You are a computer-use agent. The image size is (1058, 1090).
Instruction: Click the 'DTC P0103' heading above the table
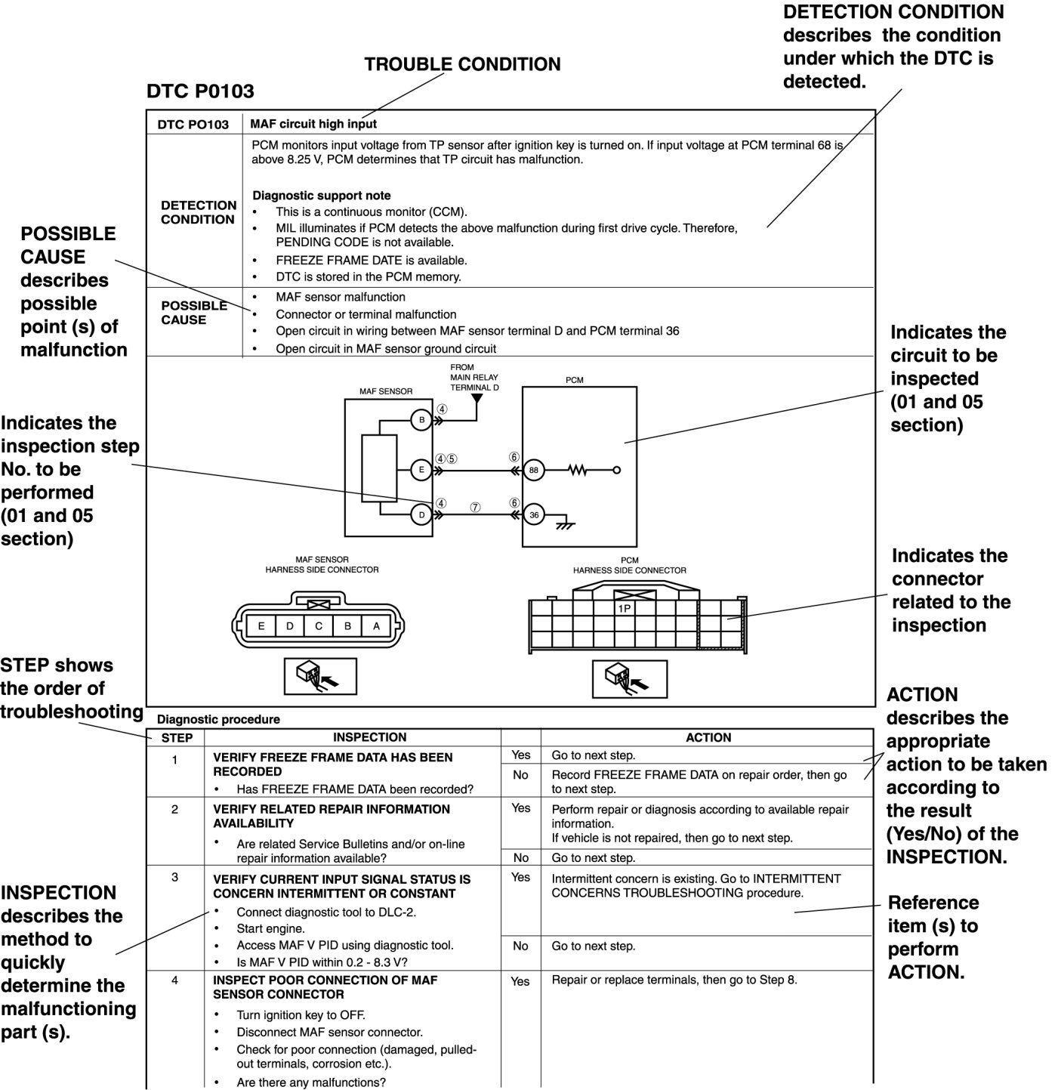(x=200, y=91)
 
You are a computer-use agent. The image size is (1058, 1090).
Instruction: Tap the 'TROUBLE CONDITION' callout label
(x=462, y=65)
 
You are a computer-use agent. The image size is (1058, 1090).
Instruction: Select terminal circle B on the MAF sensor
(x=421, y=420)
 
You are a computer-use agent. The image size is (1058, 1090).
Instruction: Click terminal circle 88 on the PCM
(x=534, y=470)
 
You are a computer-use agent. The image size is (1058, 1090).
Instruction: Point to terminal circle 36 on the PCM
(x=534, y=515)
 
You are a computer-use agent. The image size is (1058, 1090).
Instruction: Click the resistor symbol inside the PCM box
(x=577, y=470)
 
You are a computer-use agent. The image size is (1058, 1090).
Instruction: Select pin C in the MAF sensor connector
(x=319, y=625)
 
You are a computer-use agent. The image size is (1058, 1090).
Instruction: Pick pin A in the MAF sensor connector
(x=376, y=625)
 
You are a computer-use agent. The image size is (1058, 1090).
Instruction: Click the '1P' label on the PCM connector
(x=625, y=608)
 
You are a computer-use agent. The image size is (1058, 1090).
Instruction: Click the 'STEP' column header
(x=177, y=738)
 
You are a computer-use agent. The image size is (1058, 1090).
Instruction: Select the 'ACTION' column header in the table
(x=708, y=738)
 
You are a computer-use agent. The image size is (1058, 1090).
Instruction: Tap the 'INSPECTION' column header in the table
(x=369, y=737)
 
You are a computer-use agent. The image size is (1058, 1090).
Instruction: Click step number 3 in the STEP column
(x=174, y=878)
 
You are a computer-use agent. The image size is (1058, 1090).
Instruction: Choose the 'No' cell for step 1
(x=520, y=775)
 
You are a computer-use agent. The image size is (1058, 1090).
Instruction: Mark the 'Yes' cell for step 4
(x=520, y=981)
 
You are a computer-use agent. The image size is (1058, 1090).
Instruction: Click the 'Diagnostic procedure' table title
(x=218, y=720)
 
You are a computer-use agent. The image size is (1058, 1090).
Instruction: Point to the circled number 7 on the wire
(x=475, y=508)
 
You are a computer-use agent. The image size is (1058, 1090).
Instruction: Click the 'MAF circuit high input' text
(x=313, y=124)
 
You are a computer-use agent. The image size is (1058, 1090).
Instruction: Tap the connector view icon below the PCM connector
(x=629, y=678)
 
